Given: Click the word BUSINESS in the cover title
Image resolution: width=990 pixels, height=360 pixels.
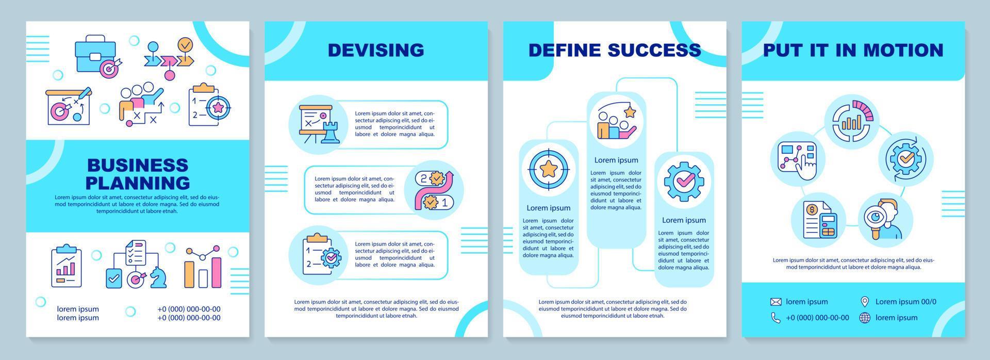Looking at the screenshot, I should [138, 165].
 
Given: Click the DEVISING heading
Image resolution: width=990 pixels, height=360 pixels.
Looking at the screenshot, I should [376, 50].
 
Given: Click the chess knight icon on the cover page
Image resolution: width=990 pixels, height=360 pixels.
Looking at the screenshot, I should [158, 279].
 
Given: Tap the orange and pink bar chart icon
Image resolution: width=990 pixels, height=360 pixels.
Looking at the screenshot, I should [203, 268].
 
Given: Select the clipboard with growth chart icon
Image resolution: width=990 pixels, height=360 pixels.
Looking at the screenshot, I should [67, 266].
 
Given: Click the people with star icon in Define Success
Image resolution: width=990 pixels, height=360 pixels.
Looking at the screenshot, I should [616, 122].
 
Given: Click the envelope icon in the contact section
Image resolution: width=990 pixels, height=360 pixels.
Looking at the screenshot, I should [775, 302].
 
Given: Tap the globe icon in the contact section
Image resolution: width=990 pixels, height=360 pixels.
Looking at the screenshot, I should [865, 318].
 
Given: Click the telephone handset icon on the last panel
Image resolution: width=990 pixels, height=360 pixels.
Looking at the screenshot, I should [775, 318].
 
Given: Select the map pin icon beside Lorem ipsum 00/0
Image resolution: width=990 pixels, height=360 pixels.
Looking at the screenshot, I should [865, 302].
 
